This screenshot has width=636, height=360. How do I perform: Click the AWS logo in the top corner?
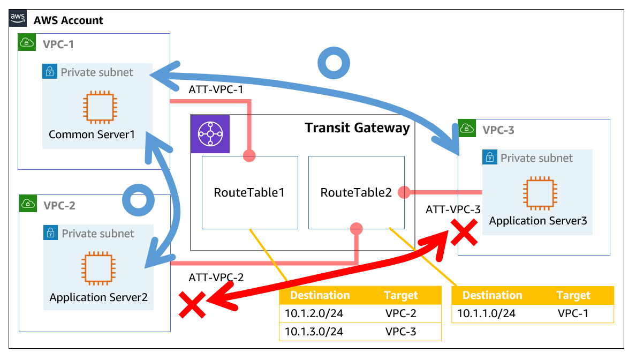(x=18, y=18)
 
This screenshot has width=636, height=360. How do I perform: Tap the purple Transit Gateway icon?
(x=210, y=134)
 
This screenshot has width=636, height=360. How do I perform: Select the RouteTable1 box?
(x=249, y=192)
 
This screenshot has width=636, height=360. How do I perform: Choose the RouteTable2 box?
(x=356, y=192)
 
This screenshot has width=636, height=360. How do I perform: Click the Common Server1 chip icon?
(x=98, y=107)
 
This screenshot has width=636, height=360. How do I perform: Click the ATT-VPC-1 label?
(x=216, y=89)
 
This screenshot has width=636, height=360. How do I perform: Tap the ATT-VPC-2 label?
(x=216, y=277)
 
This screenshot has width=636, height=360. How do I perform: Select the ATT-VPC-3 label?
(x=453, y=210)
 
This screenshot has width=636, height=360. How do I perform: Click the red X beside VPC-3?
(x=464, y=234)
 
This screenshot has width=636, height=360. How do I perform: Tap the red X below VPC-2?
(x=192, y=305)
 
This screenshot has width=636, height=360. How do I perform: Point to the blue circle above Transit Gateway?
(x=335, y=62)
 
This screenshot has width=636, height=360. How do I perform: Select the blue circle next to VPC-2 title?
(x=138, y=200)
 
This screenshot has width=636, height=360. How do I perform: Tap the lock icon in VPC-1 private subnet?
(x=49, y=72)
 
